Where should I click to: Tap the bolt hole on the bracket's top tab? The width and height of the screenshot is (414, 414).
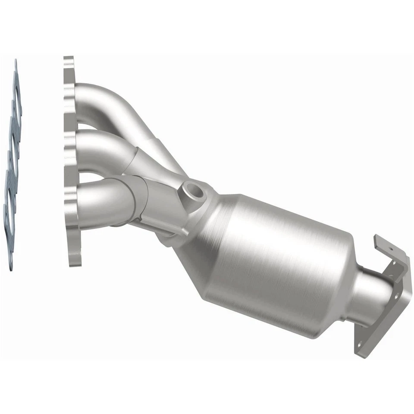(x=391, y=249)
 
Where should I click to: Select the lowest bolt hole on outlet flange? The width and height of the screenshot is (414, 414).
(x=360, y=343)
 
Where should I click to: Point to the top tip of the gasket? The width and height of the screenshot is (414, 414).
(x=16, y=62)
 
